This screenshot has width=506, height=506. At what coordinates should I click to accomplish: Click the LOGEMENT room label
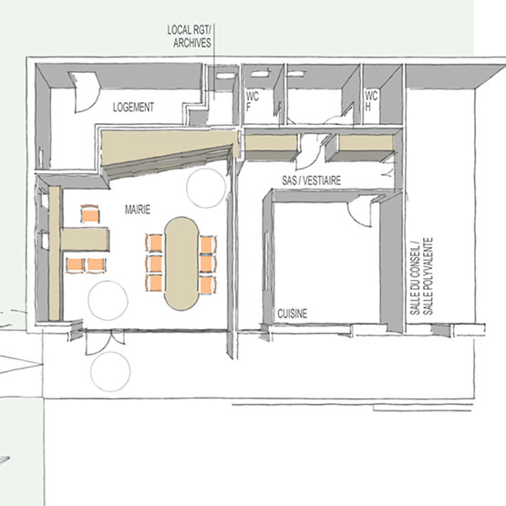(x=133, y=107)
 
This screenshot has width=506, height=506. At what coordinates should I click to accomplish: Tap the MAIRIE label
(x=138, y=210)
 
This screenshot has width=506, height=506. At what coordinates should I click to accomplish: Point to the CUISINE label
(x=293, y=314)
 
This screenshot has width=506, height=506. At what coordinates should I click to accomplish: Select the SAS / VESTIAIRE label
(x=312, y=181)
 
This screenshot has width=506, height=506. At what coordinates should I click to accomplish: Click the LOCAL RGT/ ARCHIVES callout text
(x=189, y=36)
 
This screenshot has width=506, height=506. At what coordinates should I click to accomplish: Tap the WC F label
(x=252, y=101)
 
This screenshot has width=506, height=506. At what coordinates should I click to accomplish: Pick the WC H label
(x=371, y=100)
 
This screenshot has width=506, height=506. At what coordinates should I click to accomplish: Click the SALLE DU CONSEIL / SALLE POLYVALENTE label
(x=421, y=276)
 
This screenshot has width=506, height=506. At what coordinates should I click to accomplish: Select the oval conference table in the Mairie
(x=181, y=263)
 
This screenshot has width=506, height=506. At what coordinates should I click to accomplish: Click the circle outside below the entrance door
(x=110, y=371)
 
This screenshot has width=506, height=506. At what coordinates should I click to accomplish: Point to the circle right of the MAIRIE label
(x=206, y=188)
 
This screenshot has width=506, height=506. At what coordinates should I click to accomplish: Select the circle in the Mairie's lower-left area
(x=108, y=301)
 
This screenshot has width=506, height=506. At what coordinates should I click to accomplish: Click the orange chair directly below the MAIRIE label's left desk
(x=75, y=265)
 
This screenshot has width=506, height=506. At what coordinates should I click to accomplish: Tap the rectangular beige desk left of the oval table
(x=85, y=239)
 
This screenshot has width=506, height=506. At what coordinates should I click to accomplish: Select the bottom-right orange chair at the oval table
(x=208, y=285)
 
